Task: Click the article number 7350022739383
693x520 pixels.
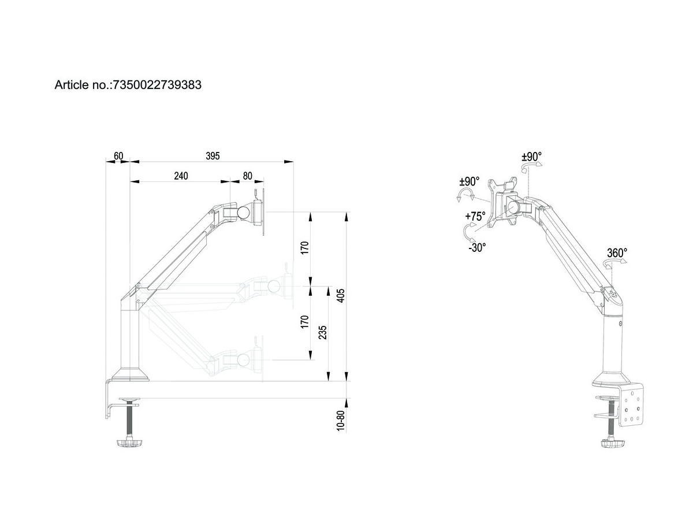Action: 157,85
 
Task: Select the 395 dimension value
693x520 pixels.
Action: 213,157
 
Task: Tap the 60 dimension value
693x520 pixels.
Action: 118,157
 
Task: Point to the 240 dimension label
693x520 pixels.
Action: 181,176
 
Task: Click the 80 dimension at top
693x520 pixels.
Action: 247,176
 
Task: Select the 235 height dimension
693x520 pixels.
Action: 323,334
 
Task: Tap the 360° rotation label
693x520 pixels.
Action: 617,252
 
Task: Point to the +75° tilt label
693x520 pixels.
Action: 475,217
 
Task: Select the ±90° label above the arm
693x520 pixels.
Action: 531,156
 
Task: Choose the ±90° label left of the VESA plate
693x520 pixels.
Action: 468,181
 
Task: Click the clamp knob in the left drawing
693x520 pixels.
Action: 131,443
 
